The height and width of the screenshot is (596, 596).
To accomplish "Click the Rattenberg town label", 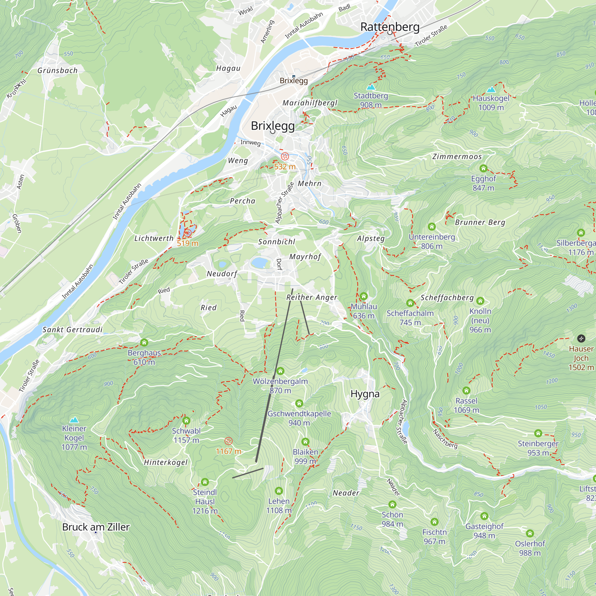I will pos(390,27).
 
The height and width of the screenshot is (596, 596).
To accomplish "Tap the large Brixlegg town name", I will pos(273,125).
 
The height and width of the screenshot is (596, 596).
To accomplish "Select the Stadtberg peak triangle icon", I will pos(371,87).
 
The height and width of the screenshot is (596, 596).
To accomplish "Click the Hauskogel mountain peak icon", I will pos(491,90).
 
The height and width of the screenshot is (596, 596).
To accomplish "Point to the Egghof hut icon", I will pos(483,168).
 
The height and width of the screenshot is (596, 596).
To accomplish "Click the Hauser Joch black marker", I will pos(581,339).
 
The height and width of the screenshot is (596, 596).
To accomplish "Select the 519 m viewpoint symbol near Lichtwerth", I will pos(187,233).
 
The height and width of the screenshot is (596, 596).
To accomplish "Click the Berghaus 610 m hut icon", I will pos(144,343).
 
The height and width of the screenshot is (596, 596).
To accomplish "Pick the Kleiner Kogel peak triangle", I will pos(74,420).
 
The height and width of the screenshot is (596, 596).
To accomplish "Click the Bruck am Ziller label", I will pos(96,527).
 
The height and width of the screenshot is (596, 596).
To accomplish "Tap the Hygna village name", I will pos(365,394).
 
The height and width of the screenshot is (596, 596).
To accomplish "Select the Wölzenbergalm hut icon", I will pos(280,371).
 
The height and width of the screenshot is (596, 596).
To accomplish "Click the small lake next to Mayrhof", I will pos(260,263).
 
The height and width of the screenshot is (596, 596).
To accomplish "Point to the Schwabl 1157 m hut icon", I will pos(186,421).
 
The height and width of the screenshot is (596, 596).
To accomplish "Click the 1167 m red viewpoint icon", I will pos(228,441).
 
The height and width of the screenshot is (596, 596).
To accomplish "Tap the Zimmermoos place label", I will pos(457,157).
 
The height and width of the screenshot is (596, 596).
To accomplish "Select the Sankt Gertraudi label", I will pos(72,330).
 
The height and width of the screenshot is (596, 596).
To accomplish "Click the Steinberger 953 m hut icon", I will pos(538,433).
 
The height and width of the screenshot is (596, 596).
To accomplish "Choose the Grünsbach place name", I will pos(58,71).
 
